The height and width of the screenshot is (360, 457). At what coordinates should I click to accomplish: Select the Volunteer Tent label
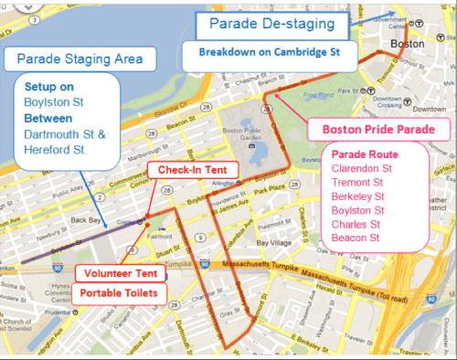click(x=120, y=273)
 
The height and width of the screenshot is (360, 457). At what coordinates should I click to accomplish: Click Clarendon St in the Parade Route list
click(x=361, y=167)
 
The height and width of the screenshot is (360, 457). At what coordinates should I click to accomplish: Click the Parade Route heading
click(x=363, y=153)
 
